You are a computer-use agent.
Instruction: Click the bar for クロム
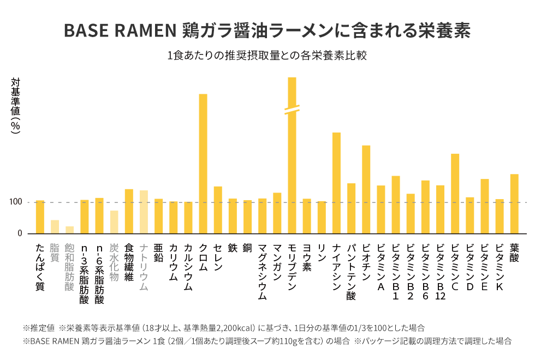(x=203, y=164)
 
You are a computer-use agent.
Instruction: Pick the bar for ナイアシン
(x=337, y=183)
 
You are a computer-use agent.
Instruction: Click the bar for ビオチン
(x=366, y=189)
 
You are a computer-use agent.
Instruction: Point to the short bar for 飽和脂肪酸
(x=69, y=230)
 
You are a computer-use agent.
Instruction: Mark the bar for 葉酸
(x=514, y=203)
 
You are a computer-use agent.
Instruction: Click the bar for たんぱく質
(x=40, y=217)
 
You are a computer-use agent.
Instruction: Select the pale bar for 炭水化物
(x=114, y=221)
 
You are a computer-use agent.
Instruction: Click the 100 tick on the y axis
(x=15, y=202)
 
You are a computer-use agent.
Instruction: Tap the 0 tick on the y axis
(x=20, y=233)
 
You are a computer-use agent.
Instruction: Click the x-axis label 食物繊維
(x=129, y=262)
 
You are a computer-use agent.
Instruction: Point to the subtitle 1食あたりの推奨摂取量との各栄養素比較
(x=267, y=56)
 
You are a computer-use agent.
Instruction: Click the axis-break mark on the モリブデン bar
(x=292, y=110)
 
